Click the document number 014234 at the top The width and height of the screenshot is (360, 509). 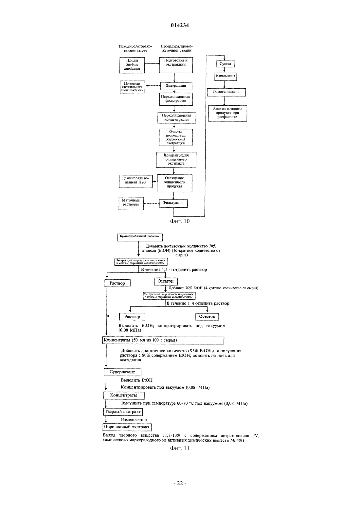(x=180, y=26)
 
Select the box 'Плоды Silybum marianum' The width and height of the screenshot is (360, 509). (x=132, y=65)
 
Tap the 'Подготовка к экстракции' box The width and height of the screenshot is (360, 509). (x=176, y=65)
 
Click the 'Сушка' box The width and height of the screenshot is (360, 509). (x=225, y=64)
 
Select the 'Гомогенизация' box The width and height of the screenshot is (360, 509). (x=226, y=92)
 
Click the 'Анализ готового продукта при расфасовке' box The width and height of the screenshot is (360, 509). (x=227, y=113)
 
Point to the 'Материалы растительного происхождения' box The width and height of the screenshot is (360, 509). (x=133, y=87)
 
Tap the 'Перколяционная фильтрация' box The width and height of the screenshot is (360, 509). (x=176, y=99)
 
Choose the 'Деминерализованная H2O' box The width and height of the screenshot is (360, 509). (x=136, y=181)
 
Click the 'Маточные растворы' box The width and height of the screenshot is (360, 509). (x=131, y=203)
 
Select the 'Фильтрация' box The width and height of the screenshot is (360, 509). (x=173, y=203)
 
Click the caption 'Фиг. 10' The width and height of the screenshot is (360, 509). (x=180, y=221)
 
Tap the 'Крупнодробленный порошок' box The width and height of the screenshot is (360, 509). (x=140, y=237)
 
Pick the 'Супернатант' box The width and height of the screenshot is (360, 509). (x=122, y=372)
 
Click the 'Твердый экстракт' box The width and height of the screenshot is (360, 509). (x=123, y=412)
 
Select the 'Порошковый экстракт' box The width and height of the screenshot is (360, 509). (x=127, y=427)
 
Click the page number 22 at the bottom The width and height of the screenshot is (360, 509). (x=180, y=483)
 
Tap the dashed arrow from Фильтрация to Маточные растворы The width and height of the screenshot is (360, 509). (x=151, y=203)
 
